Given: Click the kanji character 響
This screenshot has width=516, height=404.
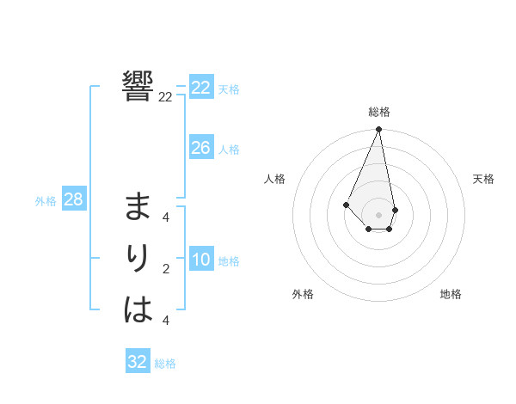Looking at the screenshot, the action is pyautogui.click(x=138, y=86).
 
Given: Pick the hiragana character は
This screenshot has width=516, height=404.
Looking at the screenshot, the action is pyautogui.click(x=138, y=309).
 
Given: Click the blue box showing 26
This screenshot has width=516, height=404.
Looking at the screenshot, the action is pyautogui.click(x=201, y=148).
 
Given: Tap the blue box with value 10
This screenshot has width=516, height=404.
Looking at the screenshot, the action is pyautogui.click(x=201, y=260).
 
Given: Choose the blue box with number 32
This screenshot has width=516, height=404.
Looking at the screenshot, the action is pyautogui.click(x=138, y=362).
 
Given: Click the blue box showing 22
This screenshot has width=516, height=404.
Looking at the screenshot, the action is pyautogui.click(x=201, y=88).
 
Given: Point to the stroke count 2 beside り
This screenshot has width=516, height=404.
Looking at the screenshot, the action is pyautogui.click(x=166, y=269).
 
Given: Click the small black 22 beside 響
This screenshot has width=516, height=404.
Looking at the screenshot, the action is pyautogui.click(x=165, y=97).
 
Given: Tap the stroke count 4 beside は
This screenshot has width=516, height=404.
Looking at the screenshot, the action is pyautogui.click(x=166, y=321).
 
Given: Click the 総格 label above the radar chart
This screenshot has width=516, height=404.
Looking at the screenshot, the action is pyautogui.click(x=379, y=113).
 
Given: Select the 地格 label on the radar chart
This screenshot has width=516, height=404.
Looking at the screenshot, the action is pyautogui.click(x=451, y=294).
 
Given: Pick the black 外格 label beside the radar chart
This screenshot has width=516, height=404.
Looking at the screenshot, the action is pyautogui.click(x=303, y=294).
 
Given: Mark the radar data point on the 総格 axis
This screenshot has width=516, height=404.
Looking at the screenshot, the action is pyautogui.click(x=379, y=130).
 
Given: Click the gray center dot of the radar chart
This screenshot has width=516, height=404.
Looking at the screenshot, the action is pyautogui.click(x=379, y=214).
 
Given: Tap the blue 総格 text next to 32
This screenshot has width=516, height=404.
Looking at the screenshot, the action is pyautogui.click(x=165, y=364).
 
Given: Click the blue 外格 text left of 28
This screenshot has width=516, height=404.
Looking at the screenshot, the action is pyautogui.click(x=46, y=201).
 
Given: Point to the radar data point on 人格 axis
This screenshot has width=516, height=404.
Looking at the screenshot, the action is pyautogui.click(x=346, y=204).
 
